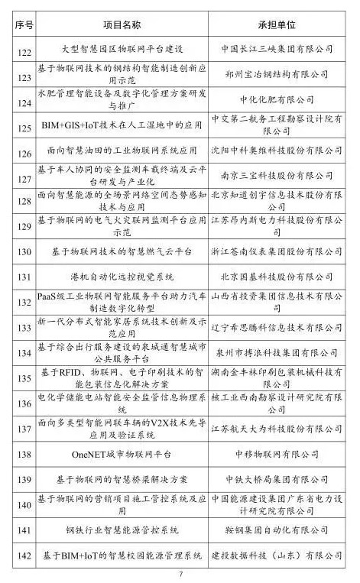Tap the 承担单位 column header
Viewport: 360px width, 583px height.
click(272, 24)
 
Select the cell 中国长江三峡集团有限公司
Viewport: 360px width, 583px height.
click(272, 49)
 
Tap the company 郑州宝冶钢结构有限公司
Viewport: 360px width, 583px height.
click(272, 74)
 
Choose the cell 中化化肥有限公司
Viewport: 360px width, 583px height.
click(272, 99)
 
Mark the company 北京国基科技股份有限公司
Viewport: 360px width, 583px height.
click(272, 276)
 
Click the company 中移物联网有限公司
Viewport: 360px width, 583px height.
click(272, 452)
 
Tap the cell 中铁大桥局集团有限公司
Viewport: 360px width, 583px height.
click(272, 478)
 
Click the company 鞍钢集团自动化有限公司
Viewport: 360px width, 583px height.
click(272, 528)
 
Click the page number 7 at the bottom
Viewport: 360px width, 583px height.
click(180, 574)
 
